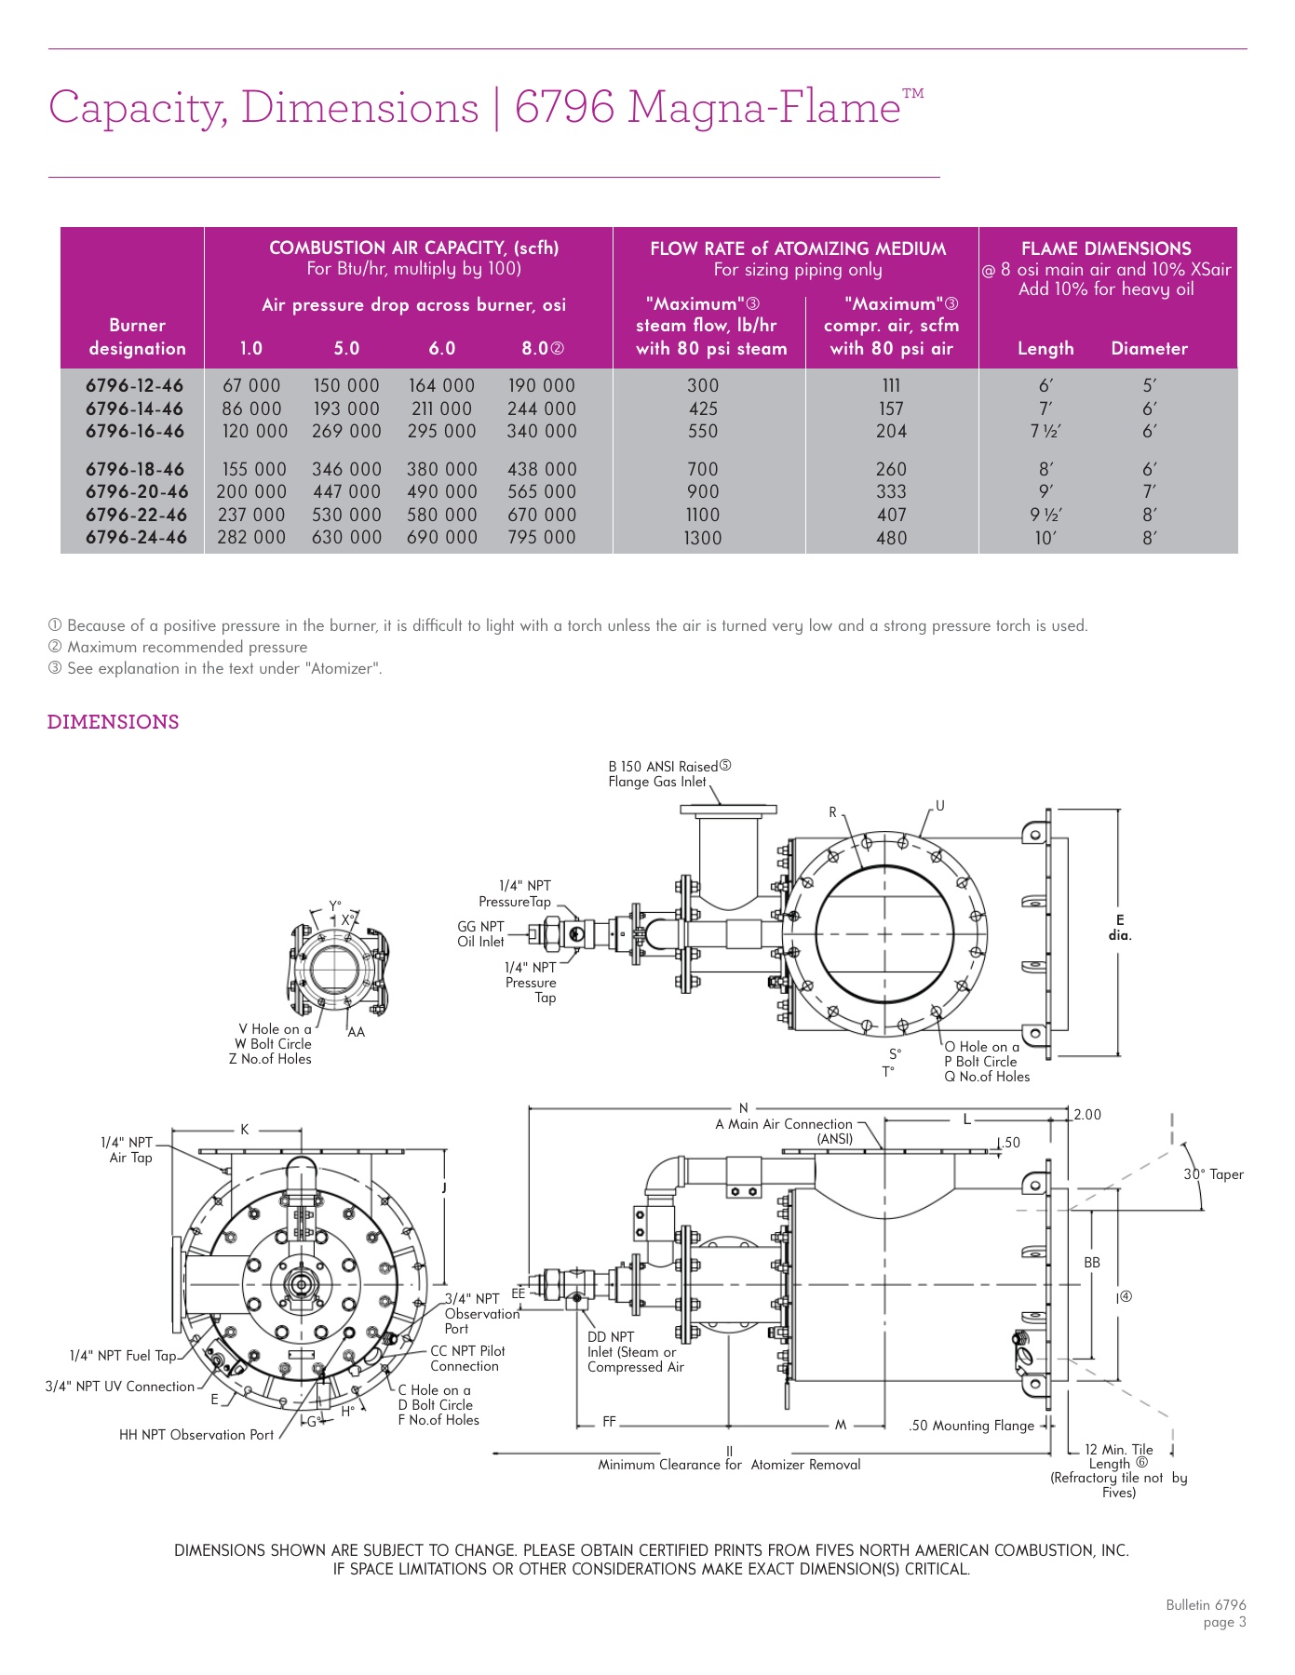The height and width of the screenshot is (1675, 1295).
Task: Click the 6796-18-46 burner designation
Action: click(x=135, y=469)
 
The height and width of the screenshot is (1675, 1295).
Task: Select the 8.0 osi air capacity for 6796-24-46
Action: click(x=541, y=537)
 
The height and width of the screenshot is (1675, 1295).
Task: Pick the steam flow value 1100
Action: click(x=702, y=515)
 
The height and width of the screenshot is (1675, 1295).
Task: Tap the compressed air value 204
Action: click(x=891, y=431)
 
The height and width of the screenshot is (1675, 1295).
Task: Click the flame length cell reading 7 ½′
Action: click(x=1045, y=431)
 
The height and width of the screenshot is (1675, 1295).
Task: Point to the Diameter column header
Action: click(x=1149, y=348)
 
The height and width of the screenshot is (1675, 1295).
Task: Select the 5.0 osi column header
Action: click(x=346, y=348)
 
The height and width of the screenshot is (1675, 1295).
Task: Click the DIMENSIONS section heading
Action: click(x=113, y=722)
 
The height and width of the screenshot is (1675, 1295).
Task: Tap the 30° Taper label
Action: click(x=1213, y=1174)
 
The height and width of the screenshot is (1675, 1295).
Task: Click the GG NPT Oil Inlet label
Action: click(x=480, y=933)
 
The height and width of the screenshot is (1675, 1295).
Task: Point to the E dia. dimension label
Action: click(x=1120, y=928)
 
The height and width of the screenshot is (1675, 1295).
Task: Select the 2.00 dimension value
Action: click(x=1087, y=1115)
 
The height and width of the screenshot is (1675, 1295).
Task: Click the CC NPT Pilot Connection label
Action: click(x=467, y=1359)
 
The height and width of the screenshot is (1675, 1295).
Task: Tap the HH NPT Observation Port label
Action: click(x=196, y=1435)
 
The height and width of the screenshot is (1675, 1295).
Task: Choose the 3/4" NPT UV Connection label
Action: click(x=120, y=1387)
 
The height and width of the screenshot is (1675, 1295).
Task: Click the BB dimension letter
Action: click(x=1092, y=1263)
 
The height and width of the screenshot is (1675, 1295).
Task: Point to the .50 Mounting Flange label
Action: click(x=971, y=1426)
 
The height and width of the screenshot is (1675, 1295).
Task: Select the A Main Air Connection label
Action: click(x=784, y=1124)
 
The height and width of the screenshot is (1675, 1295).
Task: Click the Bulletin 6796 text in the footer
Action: click(x=1206, y=1605)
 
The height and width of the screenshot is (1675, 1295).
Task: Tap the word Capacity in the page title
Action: click(x=138, y=108)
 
